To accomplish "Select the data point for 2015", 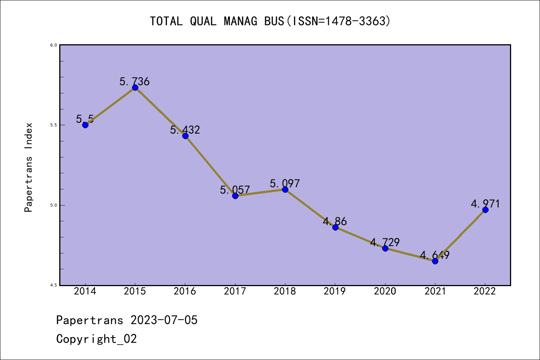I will tap(135, 87).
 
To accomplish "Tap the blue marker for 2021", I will tap(435, 261).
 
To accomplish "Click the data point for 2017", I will tap(235, 196).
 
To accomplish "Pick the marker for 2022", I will tap(485, 210).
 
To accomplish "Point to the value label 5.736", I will tap(135, 81).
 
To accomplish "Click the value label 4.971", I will tap(485, 204).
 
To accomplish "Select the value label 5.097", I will tap(285, 183).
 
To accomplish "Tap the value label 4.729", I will tap(385, 242).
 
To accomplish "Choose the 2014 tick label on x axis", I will tap(85, 291).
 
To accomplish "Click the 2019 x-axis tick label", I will tap(335, 291).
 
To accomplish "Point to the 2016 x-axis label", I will tap(185, 291).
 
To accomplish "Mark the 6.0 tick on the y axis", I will tap(53, 45).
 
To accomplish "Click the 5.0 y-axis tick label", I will tap(53, 205).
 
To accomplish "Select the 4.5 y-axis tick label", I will tap(53, 285).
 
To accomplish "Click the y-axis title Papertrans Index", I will tap(28, 167).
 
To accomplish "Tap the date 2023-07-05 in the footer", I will tap(164, 320).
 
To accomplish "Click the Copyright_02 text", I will tap(96, 339).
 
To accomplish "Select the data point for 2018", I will tap(285, 189).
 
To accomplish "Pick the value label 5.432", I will tap(185, 130).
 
